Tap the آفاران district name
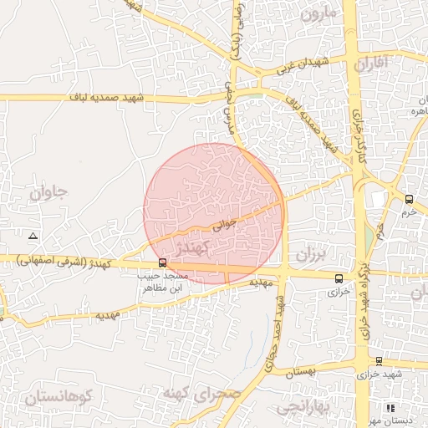pos(371,64)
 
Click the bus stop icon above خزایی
pos(339,278)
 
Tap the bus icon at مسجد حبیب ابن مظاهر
pos(162,262)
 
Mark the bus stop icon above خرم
pos(409,199)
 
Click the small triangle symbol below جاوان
pos(33,237)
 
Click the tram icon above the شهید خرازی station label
pos(380,361)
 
